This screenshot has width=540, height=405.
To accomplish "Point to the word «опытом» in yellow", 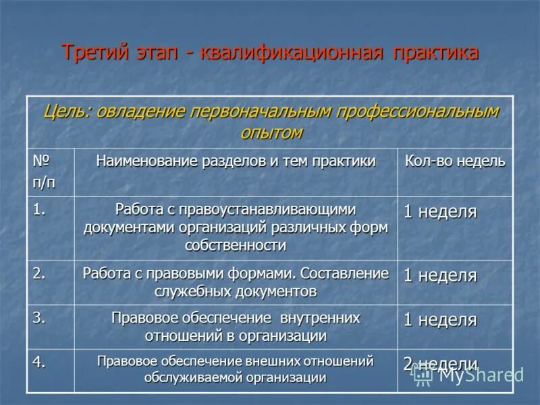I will [x=271, y=132].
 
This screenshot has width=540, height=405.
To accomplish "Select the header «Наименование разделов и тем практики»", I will [x=236, y=162].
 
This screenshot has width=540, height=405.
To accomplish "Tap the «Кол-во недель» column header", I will [x=454, y=162].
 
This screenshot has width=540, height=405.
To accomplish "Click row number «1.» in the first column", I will [x=40, y=209].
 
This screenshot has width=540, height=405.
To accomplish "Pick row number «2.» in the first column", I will [x=40, y=272].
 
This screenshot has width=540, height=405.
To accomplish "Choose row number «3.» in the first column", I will [x=40, y=317].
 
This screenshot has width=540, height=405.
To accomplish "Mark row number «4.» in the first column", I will [x=40, y=362].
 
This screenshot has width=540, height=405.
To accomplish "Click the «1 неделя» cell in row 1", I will [x=440, y=212].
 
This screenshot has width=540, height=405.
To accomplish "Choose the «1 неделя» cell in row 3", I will [x=440, y=320].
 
